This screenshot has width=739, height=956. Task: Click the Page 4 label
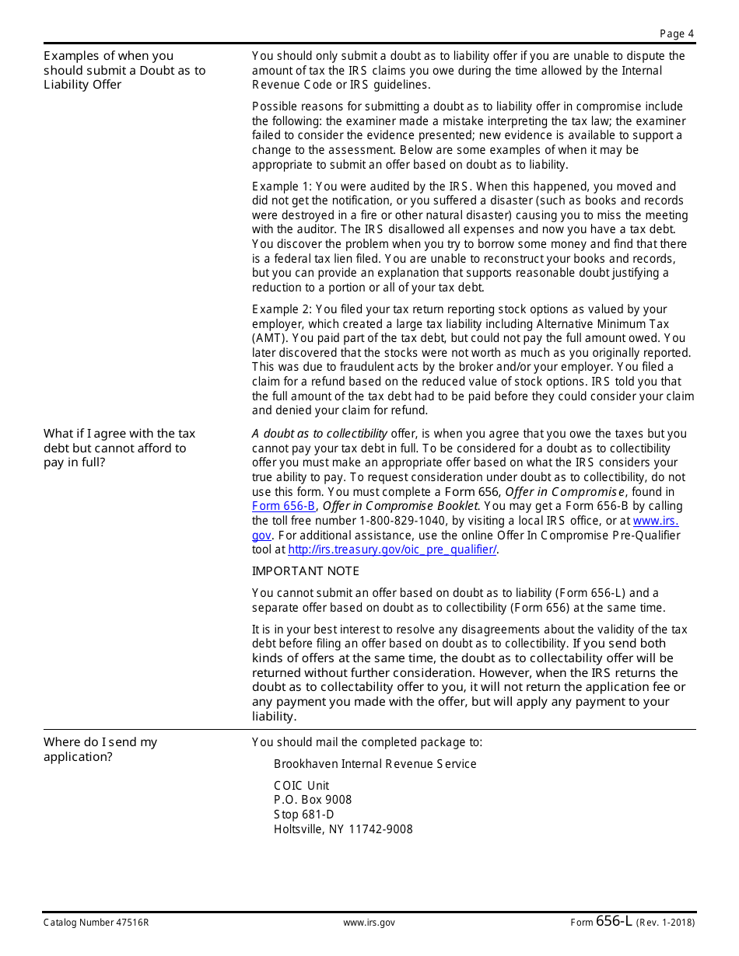(676, 33)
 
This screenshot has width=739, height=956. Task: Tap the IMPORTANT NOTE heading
(305, 571)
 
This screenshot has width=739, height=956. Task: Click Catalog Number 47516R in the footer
(96, 923)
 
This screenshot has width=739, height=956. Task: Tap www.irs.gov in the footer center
(369, 923)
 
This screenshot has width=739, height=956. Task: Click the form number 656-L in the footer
(614, 921)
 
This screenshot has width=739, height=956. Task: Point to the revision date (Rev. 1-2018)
(666, 923)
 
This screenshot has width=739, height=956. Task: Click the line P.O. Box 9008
(313, 800)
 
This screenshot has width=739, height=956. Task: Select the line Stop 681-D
(303, 815)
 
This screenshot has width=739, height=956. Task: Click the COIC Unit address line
(301, 786)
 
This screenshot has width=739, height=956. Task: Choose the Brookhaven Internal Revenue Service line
(375, 764)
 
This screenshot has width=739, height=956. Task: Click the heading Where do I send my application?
(100, 749)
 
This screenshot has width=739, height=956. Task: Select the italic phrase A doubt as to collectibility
(319, 434)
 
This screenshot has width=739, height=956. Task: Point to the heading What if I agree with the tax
(119, 434)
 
